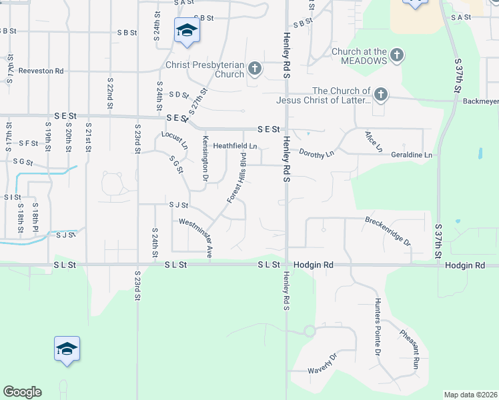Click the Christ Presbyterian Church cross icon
pyautogui.click(x=254, y=68)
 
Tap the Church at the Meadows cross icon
pyautogui.click(x=397, y=55)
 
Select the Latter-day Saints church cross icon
pyautogui.click(x=380, y=95)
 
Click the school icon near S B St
pyautogui.click(x=187, y=30)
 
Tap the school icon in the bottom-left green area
pyautogui.click(x=67, y=349)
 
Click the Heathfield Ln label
pyautogui.click(x=235, y=146)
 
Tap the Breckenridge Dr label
pyautogui.click(x=388, y=231)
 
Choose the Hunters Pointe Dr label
pyautogui.click(x=378, y=326)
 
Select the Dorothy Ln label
pyautogui.click(x=316, y=153)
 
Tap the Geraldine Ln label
pyautogui.click(x=411, y=155)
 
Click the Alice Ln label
pyautogui.click(x=373, y=141)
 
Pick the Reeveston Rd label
pyautogui.click(x=41, y=71)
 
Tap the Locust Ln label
pyautogui.click(x=175, y=139)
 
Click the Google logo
pyautogui.click(x=22, y=392)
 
